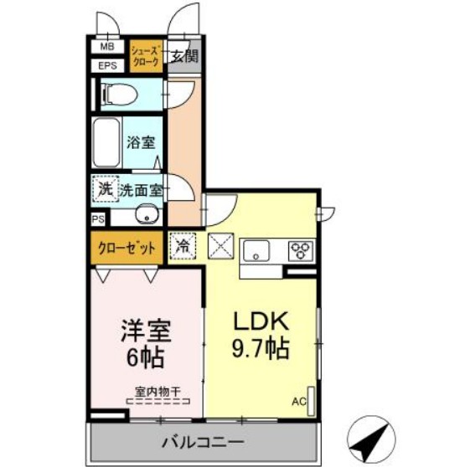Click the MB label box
pos(108,48)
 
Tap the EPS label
pos(108,65)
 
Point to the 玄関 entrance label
pos(184,57)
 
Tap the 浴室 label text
pos(140,142)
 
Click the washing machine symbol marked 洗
pos(105,189)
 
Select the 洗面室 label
pos(140,190)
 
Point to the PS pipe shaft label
pos(97,219)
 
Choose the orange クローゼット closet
pos(127,248)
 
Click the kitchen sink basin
pos(256,249)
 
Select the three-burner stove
pos(299,249)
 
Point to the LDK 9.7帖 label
pos(261,334)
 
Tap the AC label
pos(299,401)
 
